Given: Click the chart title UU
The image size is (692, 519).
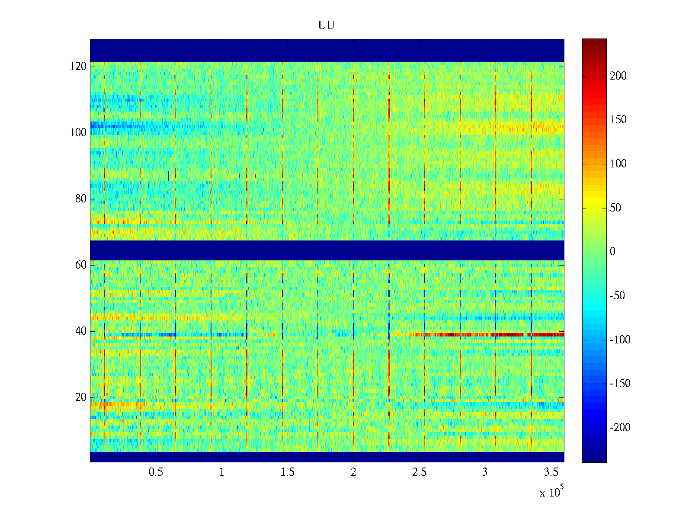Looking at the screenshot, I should click(327, 26).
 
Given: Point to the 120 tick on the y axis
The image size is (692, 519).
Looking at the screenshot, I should click(78, 67).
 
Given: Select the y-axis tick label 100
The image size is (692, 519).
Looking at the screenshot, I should click(78, 133).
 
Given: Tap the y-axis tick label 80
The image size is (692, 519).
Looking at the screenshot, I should click(81, 199).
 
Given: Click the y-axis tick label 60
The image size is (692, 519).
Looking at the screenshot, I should click(81, 265).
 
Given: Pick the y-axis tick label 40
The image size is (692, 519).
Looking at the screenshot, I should click(81, 331).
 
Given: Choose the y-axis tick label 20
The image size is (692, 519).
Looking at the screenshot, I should click(81, 397).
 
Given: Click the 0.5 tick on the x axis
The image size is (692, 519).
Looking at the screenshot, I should click(156, 472).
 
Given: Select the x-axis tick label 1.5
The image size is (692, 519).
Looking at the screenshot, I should click(288, 472).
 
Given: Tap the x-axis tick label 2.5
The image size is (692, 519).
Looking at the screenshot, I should click(419, 472).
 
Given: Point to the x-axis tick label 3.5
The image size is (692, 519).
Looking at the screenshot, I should click(551, 472).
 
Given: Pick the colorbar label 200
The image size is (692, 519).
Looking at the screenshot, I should click(618, 76).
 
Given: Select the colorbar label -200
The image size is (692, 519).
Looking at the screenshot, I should click(620, 428).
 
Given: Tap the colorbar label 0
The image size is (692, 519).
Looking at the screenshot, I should click(612, 252).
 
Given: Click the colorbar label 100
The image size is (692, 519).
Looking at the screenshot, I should click(618, 164).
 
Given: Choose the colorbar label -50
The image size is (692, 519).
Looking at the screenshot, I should click(617, 296).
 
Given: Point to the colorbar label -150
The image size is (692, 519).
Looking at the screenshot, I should click(620, 384).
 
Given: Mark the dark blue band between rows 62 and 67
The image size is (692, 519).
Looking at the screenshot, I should click(327, 250).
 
